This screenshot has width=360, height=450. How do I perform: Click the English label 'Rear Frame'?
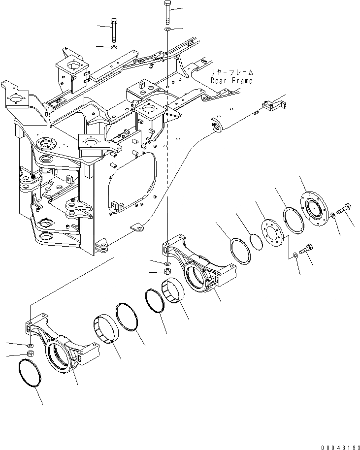(x=231, y=81)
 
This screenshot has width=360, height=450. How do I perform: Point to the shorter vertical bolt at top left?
(x=114, y=30)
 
